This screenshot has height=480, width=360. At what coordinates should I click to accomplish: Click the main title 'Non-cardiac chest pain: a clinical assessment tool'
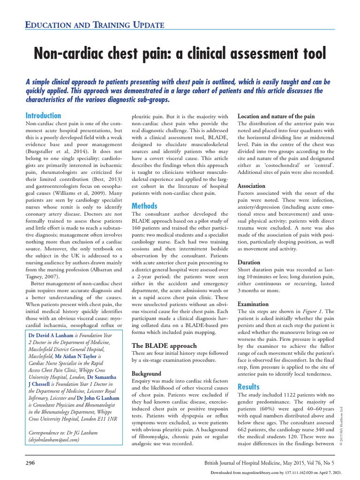click(180, 53)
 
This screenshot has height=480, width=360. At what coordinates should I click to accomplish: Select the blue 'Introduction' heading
click(43, 115)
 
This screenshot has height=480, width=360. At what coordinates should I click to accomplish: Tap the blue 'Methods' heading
click(144, 206)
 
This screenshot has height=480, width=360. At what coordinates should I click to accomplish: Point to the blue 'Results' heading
click(248, 386)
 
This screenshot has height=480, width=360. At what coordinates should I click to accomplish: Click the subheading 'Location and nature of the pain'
click(276, 116)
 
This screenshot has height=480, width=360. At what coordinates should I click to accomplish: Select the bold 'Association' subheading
click(252, 186)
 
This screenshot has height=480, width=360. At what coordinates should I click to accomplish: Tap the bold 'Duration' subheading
click(249, 262)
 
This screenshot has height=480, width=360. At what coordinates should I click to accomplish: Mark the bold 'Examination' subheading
click(253, 304)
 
